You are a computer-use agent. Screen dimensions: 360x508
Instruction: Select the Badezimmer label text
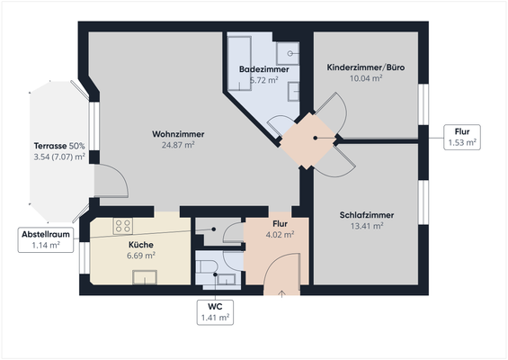click(262, 69)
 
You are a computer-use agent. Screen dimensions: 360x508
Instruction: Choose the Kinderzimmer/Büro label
click(365, 67)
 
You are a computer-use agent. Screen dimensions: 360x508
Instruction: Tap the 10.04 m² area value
click(365, 77)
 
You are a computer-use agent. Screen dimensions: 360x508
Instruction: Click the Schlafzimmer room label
click(367, 215)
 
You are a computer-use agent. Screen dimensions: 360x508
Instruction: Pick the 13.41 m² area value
click(367, 226)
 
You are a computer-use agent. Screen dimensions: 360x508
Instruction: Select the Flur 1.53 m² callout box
click(462, 137)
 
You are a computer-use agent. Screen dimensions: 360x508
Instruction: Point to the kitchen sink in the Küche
click(145, 276)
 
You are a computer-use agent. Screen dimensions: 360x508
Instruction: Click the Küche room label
click(140, 244)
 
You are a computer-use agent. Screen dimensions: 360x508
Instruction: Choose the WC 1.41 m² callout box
click(215, 311)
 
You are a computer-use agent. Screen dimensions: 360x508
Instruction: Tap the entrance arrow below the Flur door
click(282, 292)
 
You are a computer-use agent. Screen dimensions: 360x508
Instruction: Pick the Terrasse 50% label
click(59, 146)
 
